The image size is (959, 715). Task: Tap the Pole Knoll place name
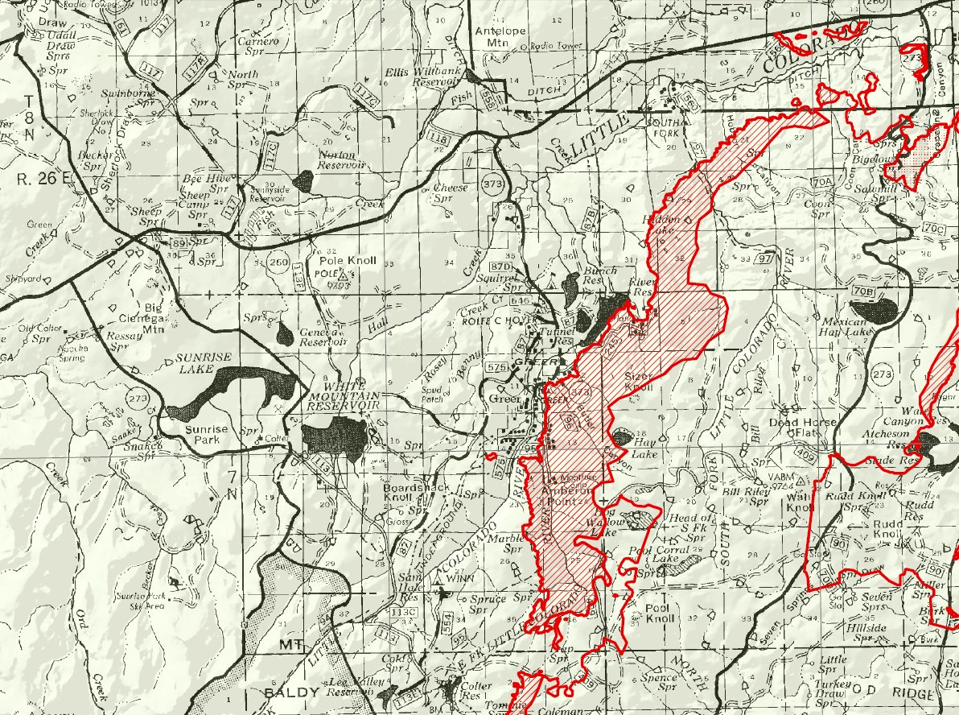[343, 261]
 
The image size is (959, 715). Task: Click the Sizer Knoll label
[641, 382]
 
